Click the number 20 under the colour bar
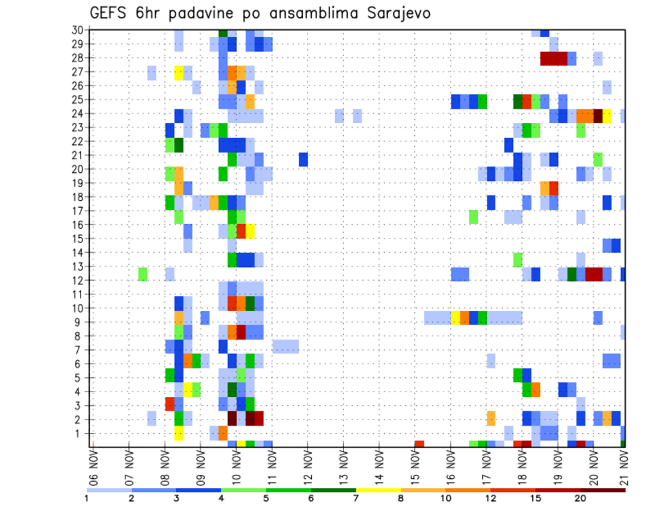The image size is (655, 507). pyautogui.click(x=580, y=498)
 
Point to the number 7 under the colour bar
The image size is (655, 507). pyautogui.click(x=355, y=498)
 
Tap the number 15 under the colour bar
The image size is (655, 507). pyautogui.click(x=535, y=498)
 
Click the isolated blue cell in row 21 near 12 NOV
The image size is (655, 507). pyautogui.click(x=303, y=159)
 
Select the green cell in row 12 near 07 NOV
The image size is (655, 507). pyautogui.click(x=143, y=274)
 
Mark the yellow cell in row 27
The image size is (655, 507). pyautogui.click(x=179, y=72)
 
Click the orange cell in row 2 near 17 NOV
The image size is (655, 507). pyautogui.click(x=491, y=418)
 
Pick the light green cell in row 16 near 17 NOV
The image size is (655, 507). pyautogui.click(x=474, y=217)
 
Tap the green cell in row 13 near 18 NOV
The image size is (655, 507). pyautogui.click(x=517, y=260)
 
